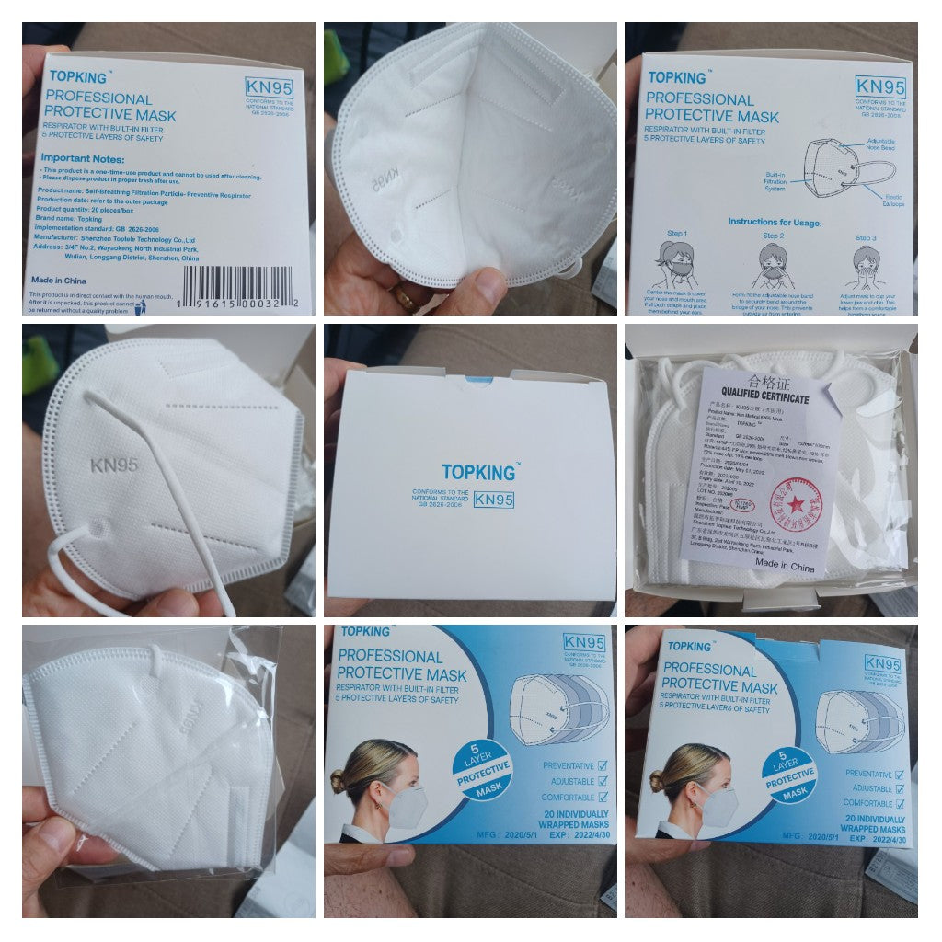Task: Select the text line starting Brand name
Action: pyautogui.click(x=70, y=219)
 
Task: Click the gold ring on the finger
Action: pyautogui.click(x=406, y=296)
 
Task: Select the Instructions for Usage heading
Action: pyautogui.click(x=774, y=222)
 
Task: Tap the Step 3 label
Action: pyautogui.click(x=864, y=235)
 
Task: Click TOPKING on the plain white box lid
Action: pyautogui.click(x=479, y=472)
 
